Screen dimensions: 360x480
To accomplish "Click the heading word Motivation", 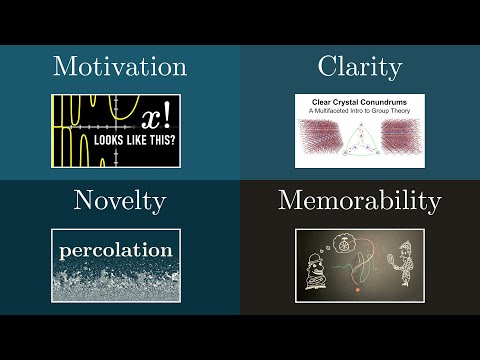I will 120,68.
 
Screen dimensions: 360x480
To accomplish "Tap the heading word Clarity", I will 359,68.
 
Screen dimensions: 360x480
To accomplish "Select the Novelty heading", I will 119,201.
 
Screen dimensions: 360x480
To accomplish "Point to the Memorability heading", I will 359,201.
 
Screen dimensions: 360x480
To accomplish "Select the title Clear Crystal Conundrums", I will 360,101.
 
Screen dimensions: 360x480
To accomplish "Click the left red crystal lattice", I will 322,141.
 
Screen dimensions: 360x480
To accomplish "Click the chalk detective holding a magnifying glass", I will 405,263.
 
